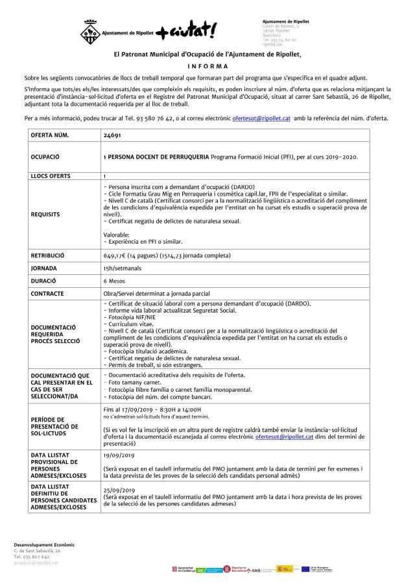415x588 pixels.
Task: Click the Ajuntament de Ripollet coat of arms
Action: (87, 31)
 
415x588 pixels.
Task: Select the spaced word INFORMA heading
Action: (207, 66)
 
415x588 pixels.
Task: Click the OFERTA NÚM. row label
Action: (49, 135)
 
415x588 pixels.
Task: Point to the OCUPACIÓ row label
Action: (45, 157)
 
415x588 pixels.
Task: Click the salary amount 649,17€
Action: (117, 256)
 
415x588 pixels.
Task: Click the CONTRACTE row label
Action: (47, 294)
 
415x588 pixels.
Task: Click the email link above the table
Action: (261, 118)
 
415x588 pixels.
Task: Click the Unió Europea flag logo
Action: (307, 569)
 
